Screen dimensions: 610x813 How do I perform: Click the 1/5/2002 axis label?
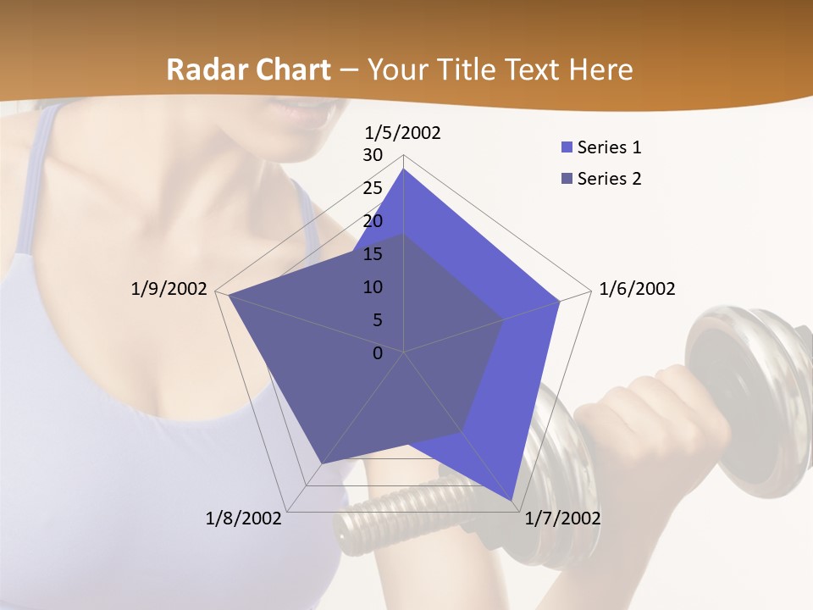pos(402,132)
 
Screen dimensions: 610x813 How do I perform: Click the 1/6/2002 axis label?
pos(637,289)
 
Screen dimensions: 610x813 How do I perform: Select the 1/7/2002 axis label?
pos(562,518)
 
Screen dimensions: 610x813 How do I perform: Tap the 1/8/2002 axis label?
pos(244,518)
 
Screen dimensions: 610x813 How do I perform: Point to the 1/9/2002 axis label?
pos(169,289)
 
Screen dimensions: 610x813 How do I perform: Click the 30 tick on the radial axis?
pos(373,155)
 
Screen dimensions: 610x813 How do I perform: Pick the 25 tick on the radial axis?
pos(373,188)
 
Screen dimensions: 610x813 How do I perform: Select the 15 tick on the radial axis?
pos(373,254)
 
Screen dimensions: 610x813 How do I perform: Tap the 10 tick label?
pos(373,287)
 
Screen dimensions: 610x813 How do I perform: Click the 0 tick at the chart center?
pos(378,353)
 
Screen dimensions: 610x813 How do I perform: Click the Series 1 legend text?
pos(609,147)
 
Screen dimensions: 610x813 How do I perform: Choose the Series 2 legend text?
pos(609,179)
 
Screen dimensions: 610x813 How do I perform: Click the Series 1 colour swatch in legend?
pos(567,147)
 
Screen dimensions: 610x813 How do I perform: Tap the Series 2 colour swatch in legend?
pos(567,179)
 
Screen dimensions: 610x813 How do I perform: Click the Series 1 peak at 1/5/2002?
pos(403,169)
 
